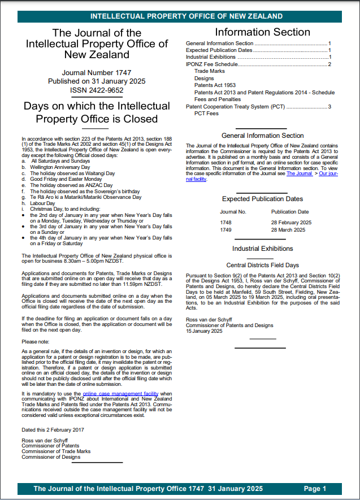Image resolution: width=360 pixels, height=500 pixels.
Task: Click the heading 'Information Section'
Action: (x=262, y=32)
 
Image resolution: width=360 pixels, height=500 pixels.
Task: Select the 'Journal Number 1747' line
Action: (x=96, y=73)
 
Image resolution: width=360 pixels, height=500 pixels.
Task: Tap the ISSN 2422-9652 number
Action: (x=96, y=90)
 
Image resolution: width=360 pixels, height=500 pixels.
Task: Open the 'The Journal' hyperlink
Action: (x=299, y=173)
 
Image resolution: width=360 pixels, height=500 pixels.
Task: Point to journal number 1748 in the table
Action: (x=225, y=223)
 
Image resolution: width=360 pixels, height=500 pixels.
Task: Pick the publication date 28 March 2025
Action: (x=288, y=230)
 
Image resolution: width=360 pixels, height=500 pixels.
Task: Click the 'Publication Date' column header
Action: (x=290, y=212)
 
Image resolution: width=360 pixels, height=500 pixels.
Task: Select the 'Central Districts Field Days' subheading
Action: (x=262, y=264)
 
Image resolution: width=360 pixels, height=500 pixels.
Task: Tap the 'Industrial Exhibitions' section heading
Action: (x=262, y=249)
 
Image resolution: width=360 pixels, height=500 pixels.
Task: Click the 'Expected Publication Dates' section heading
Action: (x=262, y=199)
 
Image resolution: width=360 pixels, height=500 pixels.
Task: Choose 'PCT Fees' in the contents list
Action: (x=206, y=114)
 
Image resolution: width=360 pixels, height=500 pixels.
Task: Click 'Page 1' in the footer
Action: (x=315, y=489)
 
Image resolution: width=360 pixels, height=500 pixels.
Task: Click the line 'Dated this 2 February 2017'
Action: (x=53, y=429)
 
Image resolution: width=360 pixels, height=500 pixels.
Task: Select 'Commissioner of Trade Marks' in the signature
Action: (x=55, y=451)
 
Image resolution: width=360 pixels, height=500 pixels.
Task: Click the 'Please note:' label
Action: (x=36, y=342)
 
